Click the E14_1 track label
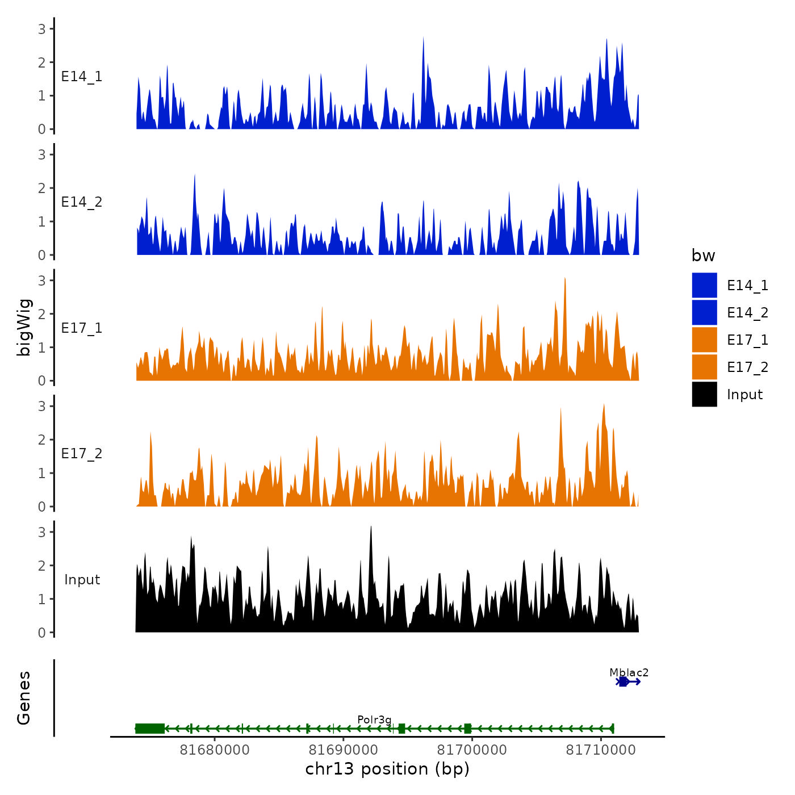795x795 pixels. pos(82,77)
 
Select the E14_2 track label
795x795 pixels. pos(82,202)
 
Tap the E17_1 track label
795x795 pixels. pos(82,328)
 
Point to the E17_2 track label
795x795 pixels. pos(82,454)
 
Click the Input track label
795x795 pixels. pos(82,580)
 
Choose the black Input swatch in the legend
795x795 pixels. pos(704,394)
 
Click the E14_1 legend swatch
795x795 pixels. pos(704,285)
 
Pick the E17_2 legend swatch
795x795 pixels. pos(704,367)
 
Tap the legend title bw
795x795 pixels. pos(703,256)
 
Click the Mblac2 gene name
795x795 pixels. pos(629,672)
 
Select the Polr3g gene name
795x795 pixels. pos(374,720)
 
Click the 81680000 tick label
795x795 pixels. pos(215,750)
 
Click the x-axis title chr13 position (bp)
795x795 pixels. pos(387,769)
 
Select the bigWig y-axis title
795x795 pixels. pos(24,327)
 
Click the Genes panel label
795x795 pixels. pos(24,698)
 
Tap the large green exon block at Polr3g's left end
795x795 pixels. pos(150,729)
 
